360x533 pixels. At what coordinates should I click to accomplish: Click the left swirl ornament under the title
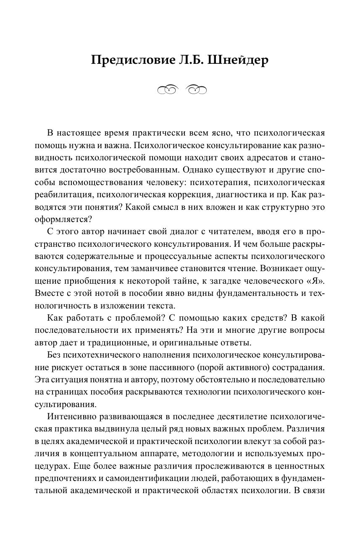click(x=168, y=89)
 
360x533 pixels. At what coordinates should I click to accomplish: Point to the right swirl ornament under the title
click(x=196, y=89)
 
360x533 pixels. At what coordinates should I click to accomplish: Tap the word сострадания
click(x=298, y=368)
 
